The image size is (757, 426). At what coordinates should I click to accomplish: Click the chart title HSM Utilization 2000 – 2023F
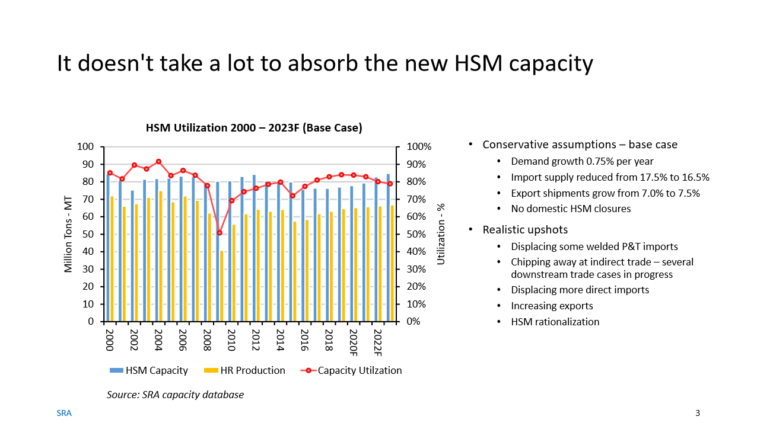pos(254,128)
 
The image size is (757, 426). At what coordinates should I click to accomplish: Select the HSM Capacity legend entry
pos(149,370)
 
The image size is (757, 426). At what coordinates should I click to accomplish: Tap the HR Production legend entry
pos(245,370)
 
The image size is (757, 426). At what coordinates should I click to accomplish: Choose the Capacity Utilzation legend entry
pos(352,370)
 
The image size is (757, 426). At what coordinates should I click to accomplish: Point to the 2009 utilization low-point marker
pos(220,233)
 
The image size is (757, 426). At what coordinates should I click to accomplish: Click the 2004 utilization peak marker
pos(158,161)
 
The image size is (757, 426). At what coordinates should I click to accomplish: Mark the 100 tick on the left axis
pos(87,147)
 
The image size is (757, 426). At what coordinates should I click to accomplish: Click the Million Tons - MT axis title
pos(68,234)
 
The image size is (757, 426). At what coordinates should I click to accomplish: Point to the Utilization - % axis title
pos(441,234)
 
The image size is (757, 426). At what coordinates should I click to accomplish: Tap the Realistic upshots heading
pos(525,229)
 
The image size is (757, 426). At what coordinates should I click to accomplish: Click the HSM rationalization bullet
pos(555,322)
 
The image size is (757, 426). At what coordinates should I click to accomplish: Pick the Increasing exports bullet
pos(552,306)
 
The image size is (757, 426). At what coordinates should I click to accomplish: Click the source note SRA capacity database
pos(175,395)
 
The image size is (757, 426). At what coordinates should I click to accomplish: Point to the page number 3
pos(698,413)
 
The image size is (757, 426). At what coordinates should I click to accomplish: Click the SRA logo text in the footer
pos(64,413)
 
